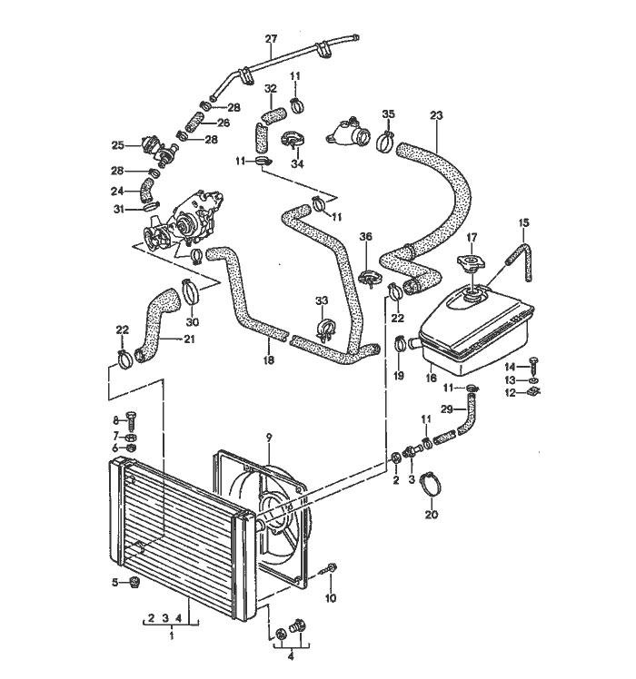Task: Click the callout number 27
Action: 270,38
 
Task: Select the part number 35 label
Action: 388,113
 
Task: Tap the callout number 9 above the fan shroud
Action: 268,438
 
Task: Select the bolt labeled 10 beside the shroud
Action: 332,568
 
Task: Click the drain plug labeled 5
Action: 134,582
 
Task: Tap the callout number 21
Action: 189,340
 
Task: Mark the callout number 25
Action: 117,144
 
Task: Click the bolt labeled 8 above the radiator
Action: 133,418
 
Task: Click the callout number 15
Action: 522,222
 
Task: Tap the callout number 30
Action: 192,321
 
